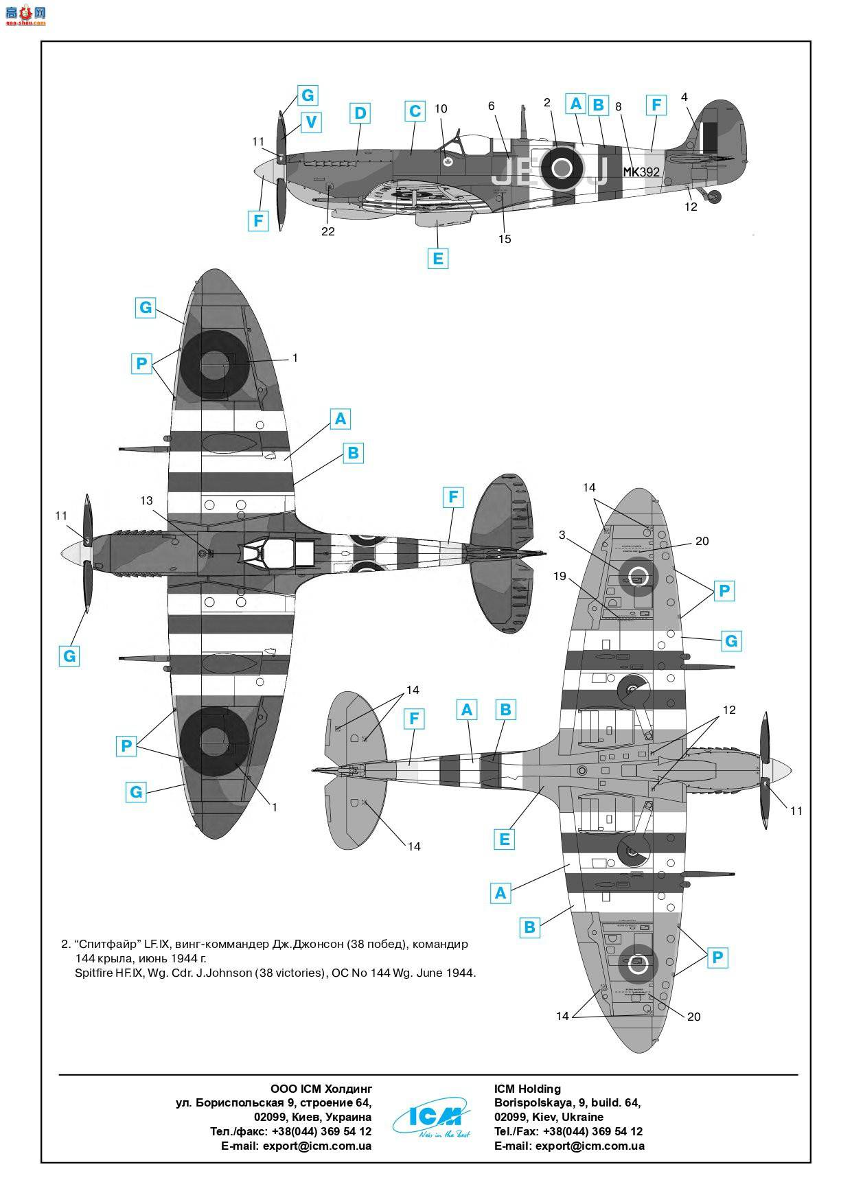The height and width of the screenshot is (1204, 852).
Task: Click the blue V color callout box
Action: coord(311,122)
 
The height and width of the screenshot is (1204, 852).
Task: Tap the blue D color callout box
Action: coord(360,113)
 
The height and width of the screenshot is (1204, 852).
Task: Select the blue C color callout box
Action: coord(415,111)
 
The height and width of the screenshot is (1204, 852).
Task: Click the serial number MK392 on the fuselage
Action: coord(641,172)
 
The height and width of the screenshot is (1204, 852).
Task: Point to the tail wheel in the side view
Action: coord(714,197)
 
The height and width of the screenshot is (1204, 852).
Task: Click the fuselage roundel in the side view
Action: coord(562,167)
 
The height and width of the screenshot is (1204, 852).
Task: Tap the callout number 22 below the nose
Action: coord(328,231)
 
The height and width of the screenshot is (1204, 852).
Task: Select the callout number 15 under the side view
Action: coord(505,239)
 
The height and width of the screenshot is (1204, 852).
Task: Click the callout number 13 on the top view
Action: coord(146,501)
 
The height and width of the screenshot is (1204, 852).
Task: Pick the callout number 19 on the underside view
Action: coord(560,576)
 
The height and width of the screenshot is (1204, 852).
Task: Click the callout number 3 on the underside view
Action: coord(562,535)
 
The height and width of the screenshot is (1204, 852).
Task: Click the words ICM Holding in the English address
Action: coord(527,1089)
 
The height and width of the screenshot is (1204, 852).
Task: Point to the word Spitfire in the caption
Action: coord(95,973)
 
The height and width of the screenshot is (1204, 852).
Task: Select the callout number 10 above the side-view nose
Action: coord(441,109)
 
